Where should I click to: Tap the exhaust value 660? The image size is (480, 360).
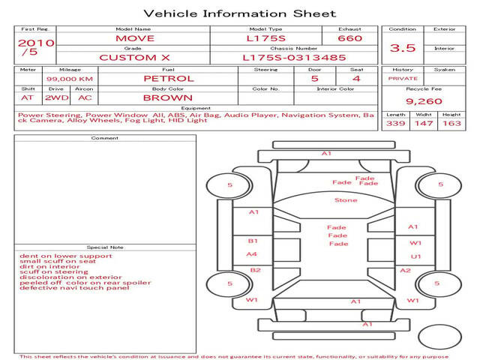click(349, 37)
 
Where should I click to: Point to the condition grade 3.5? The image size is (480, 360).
click(403, 48)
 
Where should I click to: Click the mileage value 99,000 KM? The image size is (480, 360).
click(70, 78)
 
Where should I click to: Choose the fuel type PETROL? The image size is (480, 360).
click(169, 78)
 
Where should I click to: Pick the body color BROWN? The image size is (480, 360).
click(168, 97)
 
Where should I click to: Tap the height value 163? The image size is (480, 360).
click(451, 124)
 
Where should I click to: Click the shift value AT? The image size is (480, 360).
click(28, 97)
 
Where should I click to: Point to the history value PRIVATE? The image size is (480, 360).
click(403, 78)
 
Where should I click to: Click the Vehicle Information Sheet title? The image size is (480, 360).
click(239, 13)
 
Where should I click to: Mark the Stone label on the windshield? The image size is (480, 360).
click(346, 200)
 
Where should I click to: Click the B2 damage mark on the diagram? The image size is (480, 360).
click(255, 270)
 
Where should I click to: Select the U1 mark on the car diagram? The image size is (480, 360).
click(415, 256)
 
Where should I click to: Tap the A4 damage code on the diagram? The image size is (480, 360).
click(252, 254)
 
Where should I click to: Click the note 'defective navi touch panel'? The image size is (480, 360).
click(74, 288)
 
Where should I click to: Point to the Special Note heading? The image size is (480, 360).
click(105, 247)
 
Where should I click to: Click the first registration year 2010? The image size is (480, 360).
click(35, 43)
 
